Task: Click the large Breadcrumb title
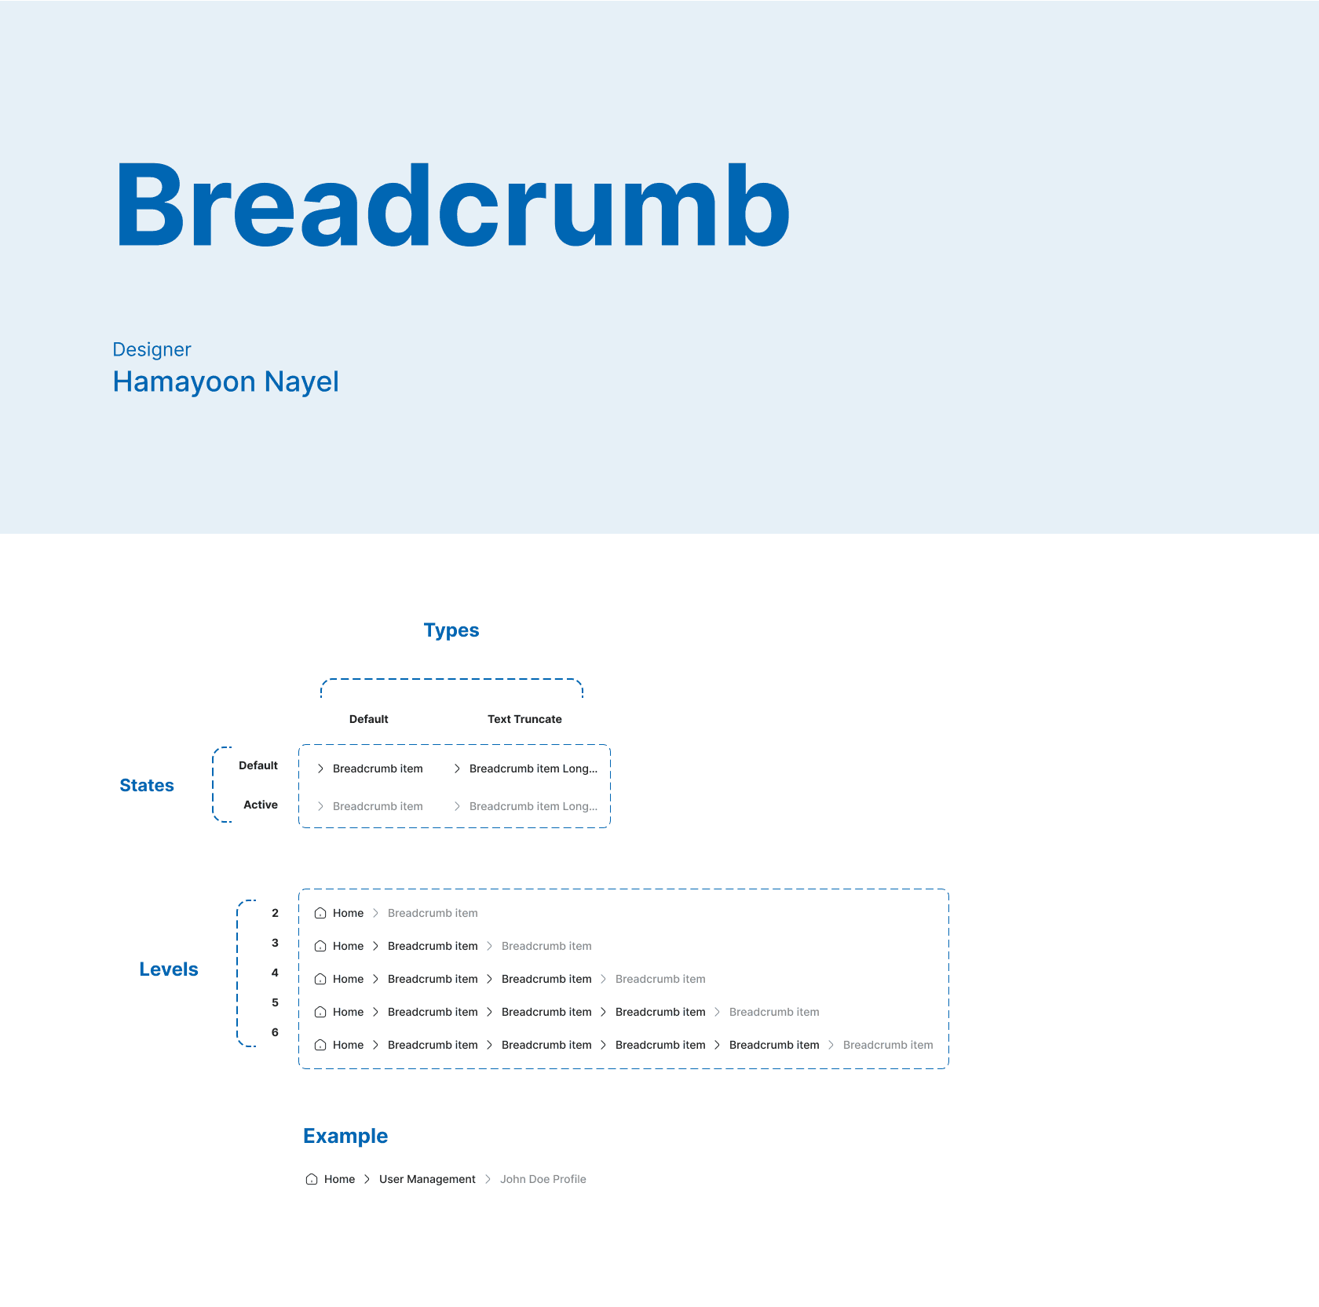[453, 206]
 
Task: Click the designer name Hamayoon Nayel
[226, 382]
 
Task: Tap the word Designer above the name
[152, 349]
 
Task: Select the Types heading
[451, 630]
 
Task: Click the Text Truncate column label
[524, 719]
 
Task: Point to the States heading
[147, 786]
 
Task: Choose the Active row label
[261, 805]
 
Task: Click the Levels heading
[169, 969]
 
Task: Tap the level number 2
[275, 913]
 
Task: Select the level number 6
[275, 1032]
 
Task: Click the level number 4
[275, 973]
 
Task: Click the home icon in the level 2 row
[320, 913]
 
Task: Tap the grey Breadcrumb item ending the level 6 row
[888, 1045]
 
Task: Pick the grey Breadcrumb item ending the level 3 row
[546, 946]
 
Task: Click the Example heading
[345, 1136]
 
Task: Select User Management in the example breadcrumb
[427, 1179]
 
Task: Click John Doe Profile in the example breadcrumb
[543, 1179]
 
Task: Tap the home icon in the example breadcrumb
[312, 1179]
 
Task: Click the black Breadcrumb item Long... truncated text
[533, 769]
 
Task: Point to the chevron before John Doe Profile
[488, 1179]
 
